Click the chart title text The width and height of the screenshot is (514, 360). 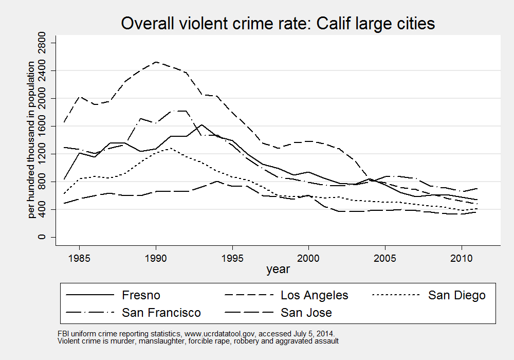point(278,24)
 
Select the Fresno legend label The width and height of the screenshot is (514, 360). point(141,295)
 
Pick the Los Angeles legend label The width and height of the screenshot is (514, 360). point(315,295)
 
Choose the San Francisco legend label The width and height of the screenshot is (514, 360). point(161,312)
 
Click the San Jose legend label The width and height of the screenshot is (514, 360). point(306,312)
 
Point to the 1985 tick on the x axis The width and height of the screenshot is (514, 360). point(79,257)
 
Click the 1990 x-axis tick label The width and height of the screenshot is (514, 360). point(155,257)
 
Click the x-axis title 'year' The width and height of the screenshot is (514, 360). point(278,269)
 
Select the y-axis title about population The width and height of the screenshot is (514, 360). point(32,139)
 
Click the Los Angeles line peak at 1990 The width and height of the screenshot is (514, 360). point(155,62)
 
